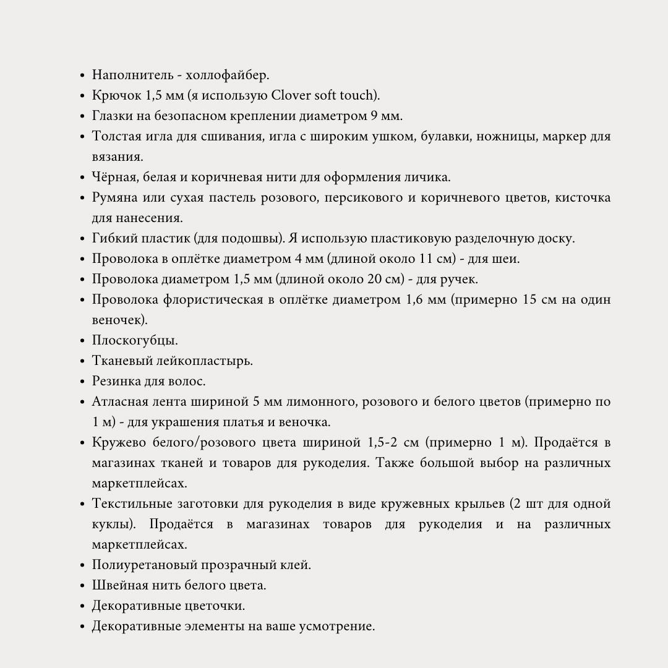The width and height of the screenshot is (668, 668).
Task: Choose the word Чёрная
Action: (115, 178)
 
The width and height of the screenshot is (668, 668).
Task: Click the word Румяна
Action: (116, 198)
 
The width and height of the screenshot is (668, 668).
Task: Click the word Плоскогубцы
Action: (135, 341)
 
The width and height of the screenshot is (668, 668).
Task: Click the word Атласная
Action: (119, 402)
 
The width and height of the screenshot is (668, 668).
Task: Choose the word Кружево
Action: (118, 443)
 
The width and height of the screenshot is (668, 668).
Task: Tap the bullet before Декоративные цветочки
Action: (82, 606)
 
